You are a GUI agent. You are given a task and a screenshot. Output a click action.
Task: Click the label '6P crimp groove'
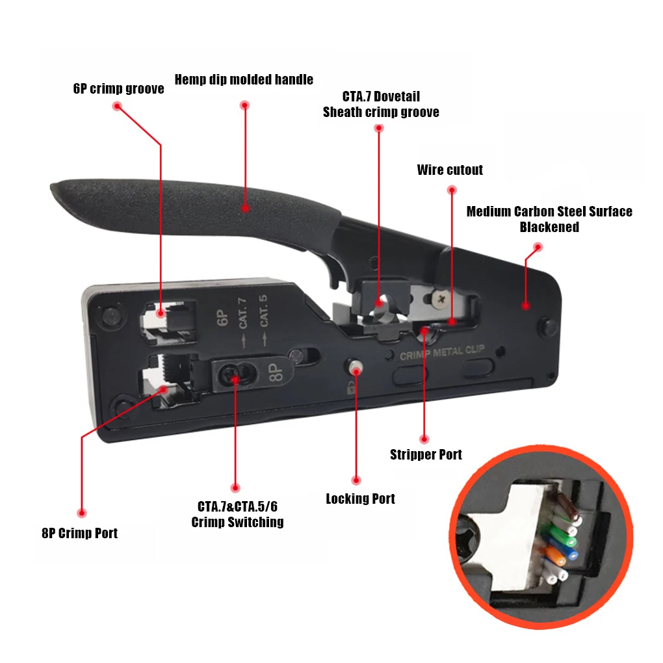tap(118, 89)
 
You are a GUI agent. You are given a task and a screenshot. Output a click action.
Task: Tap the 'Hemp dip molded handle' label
tap(244, 80)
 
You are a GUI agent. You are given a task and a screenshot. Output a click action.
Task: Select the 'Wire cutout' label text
tap(450, 170)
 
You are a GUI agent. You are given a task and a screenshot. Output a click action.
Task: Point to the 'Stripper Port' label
tap(426, 454)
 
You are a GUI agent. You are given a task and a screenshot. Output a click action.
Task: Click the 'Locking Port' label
tap(360, 499)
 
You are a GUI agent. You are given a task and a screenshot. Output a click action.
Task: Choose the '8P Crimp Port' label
tap(79, 534)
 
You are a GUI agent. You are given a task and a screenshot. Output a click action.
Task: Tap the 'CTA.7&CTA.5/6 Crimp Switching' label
tap(237, 514)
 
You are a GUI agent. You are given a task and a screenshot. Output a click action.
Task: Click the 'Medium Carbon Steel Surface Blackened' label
tap(549, 219)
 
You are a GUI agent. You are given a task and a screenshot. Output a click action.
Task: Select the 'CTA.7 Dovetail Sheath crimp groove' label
tap(381, 105)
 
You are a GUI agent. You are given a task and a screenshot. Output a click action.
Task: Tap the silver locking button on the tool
tap(356, 368)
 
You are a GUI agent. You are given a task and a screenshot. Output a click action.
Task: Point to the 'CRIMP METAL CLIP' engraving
tap(441, 352)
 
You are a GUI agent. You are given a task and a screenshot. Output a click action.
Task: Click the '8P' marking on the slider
tap(274, 372)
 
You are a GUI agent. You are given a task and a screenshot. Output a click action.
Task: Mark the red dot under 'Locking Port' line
tap(356, 480)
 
